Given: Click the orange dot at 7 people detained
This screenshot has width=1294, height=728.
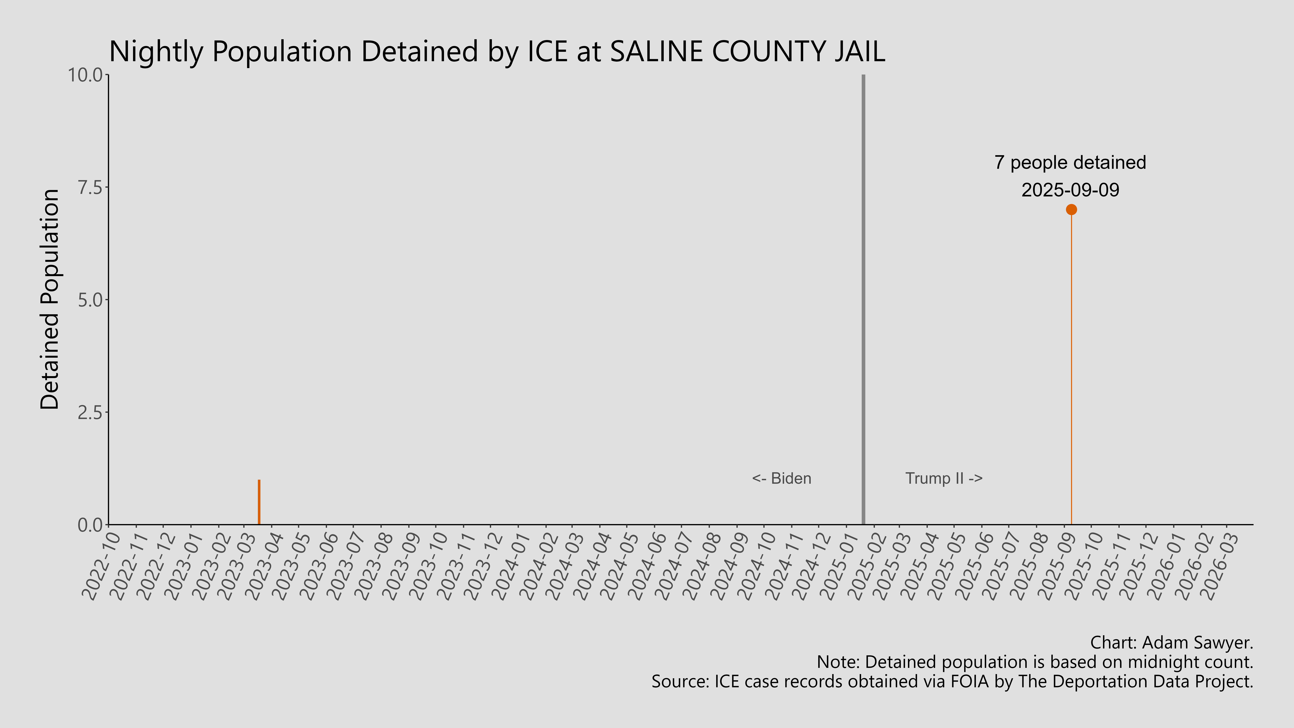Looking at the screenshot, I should click(1071, 210).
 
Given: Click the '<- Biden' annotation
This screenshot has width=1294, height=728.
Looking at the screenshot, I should click(781, 478).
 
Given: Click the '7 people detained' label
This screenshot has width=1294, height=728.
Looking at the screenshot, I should click(1070, 163).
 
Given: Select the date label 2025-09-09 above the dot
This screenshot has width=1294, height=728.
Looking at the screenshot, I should click(1070, 190).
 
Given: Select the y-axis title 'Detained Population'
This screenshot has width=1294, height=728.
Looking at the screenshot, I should click(50, 299).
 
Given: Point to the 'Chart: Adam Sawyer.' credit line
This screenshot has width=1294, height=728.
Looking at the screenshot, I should click(1171, 643).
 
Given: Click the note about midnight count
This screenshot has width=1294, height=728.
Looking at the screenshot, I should click(1035, 662).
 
